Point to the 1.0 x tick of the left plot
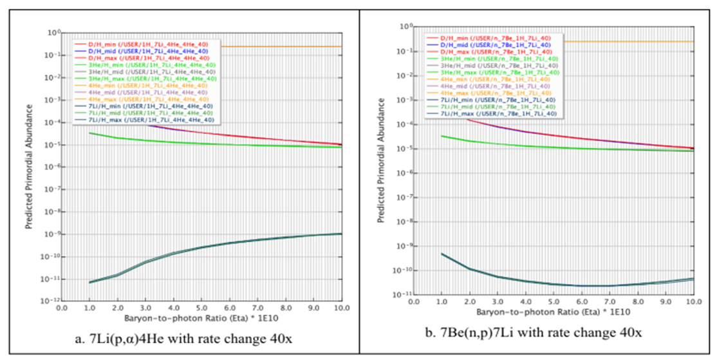click(x=90, y=308)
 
